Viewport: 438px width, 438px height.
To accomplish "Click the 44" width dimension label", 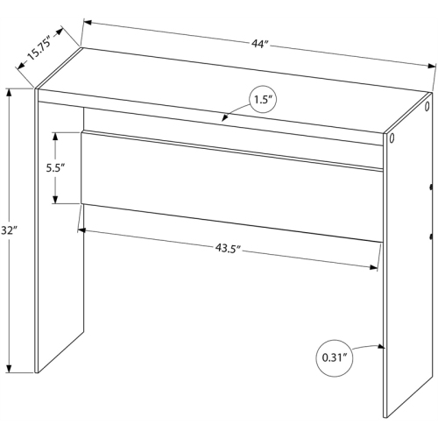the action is click(x=260, y=44).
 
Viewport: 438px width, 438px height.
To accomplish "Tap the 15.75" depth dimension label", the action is click(x=39, y=47).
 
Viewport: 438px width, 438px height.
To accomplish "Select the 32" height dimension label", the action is click(x=8, y=230).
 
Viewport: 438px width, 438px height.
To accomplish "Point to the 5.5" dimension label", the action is click(x=55, y=168).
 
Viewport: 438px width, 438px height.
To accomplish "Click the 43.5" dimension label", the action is click(x=228, y=249).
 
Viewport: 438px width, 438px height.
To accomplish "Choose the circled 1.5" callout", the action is click(x=263, y=100).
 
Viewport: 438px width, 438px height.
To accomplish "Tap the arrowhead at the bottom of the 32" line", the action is click(x=10, y=369).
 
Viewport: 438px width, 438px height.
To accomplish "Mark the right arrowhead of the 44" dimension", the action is click(x=432, y=66).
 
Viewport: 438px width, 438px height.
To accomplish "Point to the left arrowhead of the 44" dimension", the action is click(x=88, y=22).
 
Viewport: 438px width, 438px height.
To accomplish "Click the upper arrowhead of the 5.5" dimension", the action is click(x=55, y=137).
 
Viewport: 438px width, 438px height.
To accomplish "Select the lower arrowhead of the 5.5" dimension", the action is click(x=55, y=199).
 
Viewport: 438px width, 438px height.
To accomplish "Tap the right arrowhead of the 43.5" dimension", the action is click(x=373, y=267).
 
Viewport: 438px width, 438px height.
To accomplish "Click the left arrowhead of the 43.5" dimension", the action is click(x=82, y=230).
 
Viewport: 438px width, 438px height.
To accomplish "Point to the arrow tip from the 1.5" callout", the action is click(x=224, y=118).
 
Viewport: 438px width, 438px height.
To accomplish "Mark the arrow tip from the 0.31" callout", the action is click(x=381, y=346).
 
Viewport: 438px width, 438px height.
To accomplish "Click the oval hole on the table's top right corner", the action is click(x=427, y=106).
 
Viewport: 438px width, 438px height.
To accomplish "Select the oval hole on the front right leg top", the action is click(x=392, y=138).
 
